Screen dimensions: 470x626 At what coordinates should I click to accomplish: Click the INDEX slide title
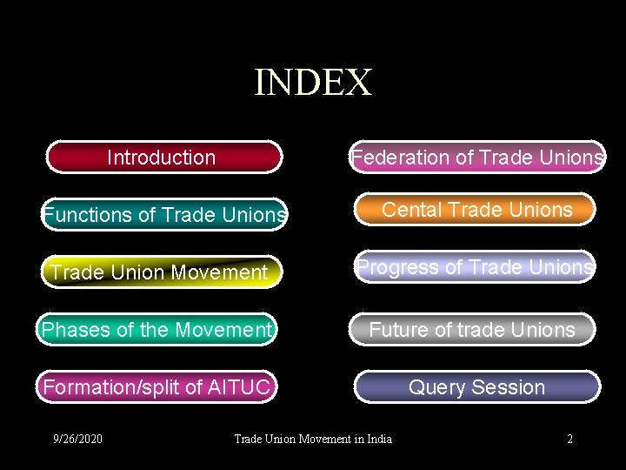click(313, 83)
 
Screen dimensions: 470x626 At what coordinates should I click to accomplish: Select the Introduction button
click(163, 158)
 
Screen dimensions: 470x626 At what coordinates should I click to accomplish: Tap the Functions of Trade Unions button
click(164, 215)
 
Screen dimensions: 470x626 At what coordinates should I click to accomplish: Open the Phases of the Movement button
click(157, 330)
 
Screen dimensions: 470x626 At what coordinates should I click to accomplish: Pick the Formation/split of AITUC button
click(157, 386)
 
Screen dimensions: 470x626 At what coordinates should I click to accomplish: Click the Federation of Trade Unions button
click(476, 158)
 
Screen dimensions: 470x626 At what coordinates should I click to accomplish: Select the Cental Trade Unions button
click(476, 210)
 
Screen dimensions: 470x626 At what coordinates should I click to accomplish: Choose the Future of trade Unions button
click(473, 330)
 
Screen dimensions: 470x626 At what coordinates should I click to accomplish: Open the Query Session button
click(476, 387)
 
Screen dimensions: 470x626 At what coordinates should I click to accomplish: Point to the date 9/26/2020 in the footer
click(77, 439)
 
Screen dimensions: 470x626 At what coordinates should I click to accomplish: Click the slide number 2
click(569, 439)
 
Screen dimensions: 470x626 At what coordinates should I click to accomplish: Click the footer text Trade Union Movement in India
click(313, 439)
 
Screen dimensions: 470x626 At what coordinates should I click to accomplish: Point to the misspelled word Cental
click(410, 210)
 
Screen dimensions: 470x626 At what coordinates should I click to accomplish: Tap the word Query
click(437, 387)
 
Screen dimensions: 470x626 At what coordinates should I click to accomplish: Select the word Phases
click(75, 330)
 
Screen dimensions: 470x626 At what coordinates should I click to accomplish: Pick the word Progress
click(396, 267)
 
